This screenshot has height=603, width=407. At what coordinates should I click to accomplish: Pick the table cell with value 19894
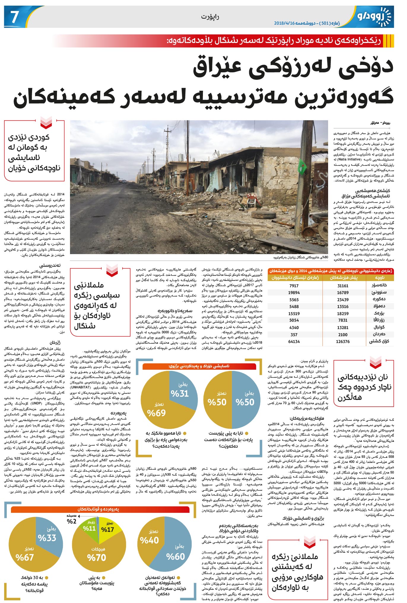294,293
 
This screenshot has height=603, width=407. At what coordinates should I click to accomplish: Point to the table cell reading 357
294,335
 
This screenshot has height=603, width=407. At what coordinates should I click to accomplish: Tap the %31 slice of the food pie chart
180,393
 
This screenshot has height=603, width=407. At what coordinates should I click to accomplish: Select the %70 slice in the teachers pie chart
96,558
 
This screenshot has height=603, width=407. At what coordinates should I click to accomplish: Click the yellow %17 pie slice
107,529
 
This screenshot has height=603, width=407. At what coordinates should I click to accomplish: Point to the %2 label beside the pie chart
71,521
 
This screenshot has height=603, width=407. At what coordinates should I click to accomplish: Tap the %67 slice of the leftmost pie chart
25,557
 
